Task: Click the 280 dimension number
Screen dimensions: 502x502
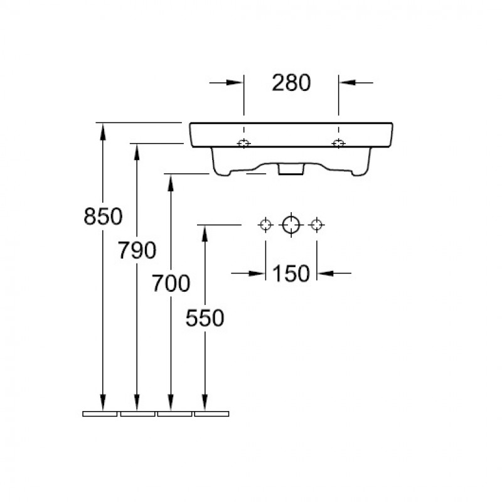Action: (291, 83)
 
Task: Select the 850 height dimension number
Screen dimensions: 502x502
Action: (103, 216)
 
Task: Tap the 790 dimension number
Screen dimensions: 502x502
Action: (137, 250)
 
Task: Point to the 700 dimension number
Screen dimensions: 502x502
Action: (171, 284)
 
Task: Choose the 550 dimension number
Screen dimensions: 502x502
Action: (205, 318)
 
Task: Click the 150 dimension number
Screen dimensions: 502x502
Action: (291, 274)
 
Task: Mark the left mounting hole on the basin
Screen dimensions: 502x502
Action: (244, 143)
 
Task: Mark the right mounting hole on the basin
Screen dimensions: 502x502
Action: (338, 143)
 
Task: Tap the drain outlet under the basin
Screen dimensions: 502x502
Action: (291, 169)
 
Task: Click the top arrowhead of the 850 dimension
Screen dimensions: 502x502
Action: (103, 131)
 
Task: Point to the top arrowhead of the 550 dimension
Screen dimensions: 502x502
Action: (205, 233)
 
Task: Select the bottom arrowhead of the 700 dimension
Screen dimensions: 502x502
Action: (171, 402)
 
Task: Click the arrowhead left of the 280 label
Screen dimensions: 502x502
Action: (235, 83)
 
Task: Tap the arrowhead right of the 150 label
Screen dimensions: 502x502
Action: (326, 274)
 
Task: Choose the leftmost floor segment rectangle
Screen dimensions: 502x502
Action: (100, 414)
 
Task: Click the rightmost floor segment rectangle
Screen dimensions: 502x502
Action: (211, 414)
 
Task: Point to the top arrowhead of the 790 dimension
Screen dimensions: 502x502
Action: (137, 152)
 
